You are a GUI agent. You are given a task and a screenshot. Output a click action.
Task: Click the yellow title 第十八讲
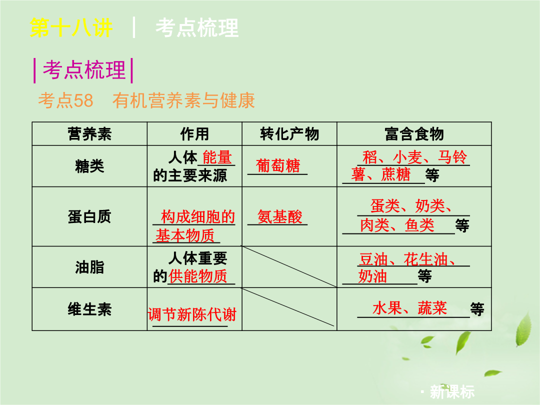click(x=71, y=27)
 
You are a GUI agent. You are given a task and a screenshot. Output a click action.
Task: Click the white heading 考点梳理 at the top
click(x=197, y=27)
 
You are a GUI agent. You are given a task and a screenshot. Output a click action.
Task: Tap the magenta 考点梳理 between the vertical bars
click(x=84, y=70)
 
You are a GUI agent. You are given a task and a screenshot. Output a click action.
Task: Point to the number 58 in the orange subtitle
click(x=83, y=100)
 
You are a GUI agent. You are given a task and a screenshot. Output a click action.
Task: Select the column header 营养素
click(x=89, y=134)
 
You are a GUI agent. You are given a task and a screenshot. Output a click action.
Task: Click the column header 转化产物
click(x=289, y=134)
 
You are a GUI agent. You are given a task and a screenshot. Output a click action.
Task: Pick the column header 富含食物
click(x=414, y=134)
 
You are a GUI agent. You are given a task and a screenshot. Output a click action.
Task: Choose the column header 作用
click(x=194, y=134)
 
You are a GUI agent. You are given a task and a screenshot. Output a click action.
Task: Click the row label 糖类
click(x=89, y=166)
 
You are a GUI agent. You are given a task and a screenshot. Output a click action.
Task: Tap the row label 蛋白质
click(x=89, y=217)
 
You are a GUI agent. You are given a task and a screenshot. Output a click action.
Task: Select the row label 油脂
click(x=89, y=267)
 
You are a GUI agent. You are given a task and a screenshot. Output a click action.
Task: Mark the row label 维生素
click(x=89, y=309)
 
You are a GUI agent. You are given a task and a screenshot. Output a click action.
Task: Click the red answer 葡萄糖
click(x=278, y=166)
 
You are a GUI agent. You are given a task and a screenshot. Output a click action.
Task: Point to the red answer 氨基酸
click(x=279, y=217)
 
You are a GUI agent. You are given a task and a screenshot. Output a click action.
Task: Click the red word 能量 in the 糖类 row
click(x=217, y=157)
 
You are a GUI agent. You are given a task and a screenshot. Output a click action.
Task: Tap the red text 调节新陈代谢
click(x=192, y=314)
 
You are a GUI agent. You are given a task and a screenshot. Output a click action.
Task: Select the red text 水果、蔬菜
click(x=409, y=308)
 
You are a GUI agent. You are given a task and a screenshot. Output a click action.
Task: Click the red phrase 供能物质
click(x=197, y=276)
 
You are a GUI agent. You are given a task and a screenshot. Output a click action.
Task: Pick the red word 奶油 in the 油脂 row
click(x=372, y=276)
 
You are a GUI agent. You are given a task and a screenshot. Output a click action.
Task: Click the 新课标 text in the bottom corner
click(x=452, y=392)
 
